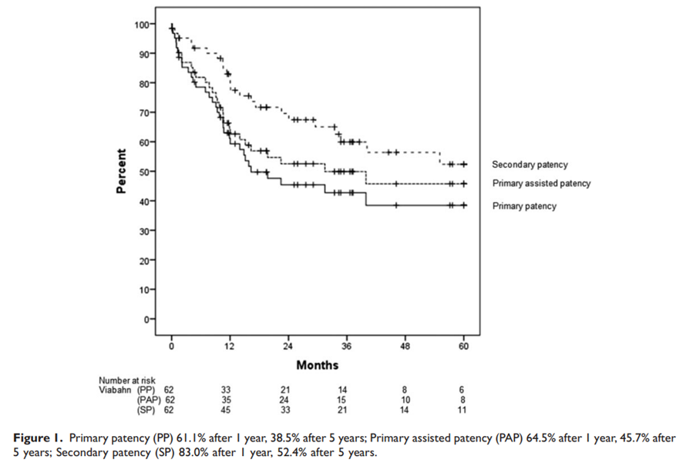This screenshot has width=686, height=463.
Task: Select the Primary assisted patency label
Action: (x=541, y=183)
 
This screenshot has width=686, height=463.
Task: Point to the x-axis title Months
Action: (x=318, y=364)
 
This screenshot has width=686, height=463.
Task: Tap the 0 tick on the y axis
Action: (x=149, y=318)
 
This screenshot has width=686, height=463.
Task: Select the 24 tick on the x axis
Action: (x=288, y=346)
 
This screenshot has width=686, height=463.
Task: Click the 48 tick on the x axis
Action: (x=405, y=346)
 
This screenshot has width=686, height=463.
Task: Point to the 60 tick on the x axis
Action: (x=463, y=346)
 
